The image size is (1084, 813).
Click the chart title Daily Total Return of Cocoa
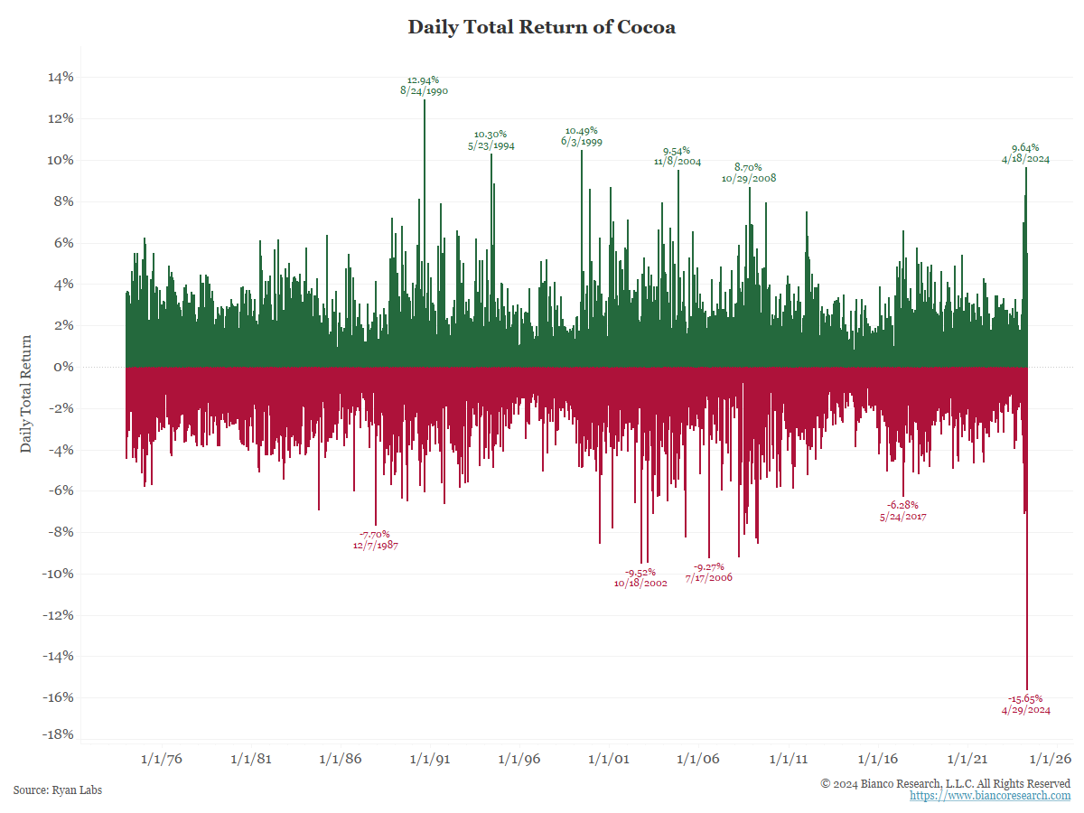(541, 27)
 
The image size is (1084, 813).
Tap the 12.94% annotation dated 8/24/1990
(424, 86)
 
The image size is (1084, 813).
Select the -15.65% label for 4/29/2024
(1025, 704)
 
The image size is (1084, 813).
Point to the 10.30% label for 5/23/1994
(491, 140)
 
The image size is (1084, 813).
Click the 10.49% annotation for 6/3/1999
(581, 136)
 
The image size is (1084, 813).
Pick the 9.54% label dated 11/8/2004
(677, 156)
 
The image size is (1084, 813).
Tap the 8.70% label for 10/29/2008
(748, 173)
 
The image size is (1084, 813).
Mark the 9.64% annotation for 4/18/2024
(1025, 153)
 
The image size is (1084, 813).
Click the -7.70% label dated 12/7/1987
(375, 539)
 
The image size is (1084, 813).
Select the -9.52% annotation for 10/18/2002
(640, 577)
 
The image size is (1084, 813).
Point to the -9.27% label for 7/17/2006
(708, 572)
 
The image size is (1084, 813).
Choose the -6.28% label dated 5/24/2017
(902, 510)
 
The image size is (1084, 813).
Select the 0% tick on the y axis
(64, 367)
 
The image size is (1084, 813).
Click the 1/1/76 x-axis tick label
(162, 760)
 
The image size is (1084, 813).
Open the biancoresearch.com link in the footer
(989, 796)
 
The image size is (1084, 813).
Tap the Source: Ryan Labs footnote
(58, 790)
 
